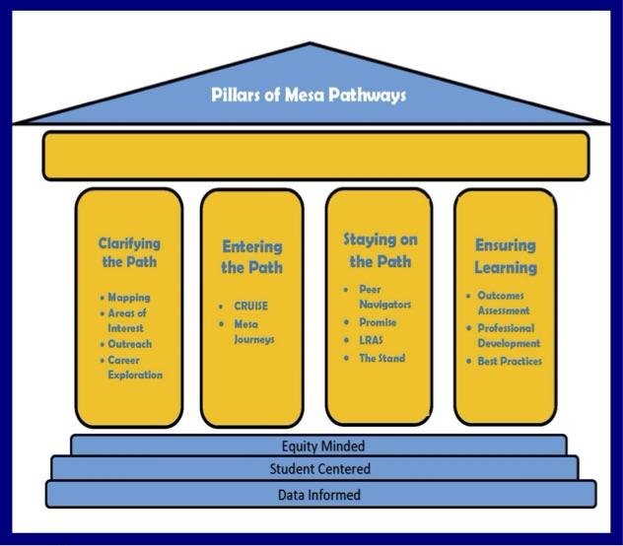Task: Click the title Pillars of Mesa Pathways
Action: (309, 96)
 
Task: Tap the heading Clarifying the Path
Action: (128, 252)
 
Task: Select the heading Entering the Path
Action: (251, 257)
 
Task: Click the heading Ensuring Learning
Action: (506, 256)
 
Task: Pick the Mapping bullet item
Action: (128, 297)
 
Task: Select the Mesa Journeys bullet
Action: (253, 331)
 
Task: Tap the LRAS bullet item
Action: (371, 340)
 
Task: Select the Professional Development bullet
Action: (508, 336)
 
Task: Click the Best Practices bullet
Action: (509, 362)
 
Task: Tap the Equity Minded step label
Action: (322, 446)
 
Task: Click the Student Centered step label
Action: (320, 469)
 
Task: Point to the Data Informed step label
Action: (321, 495)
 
